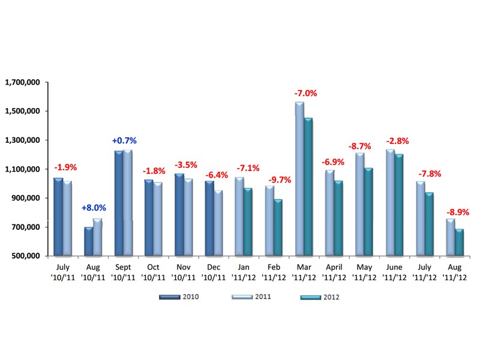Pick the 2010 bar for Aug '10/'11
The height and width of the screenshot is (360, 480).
pos(88,242)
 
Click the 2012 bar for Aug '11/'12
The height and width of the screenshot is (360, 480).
pos(459,242)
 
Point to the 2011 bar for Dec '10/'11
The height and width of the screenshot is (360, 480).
pos(218,223)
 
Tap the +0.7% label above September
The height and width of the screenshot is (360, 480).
pos(124,140)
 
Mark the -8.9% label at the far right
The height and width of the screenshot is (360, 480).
pos(458,212)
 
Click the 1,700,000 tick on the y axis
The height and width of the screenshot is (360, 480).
pos(22,82)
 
